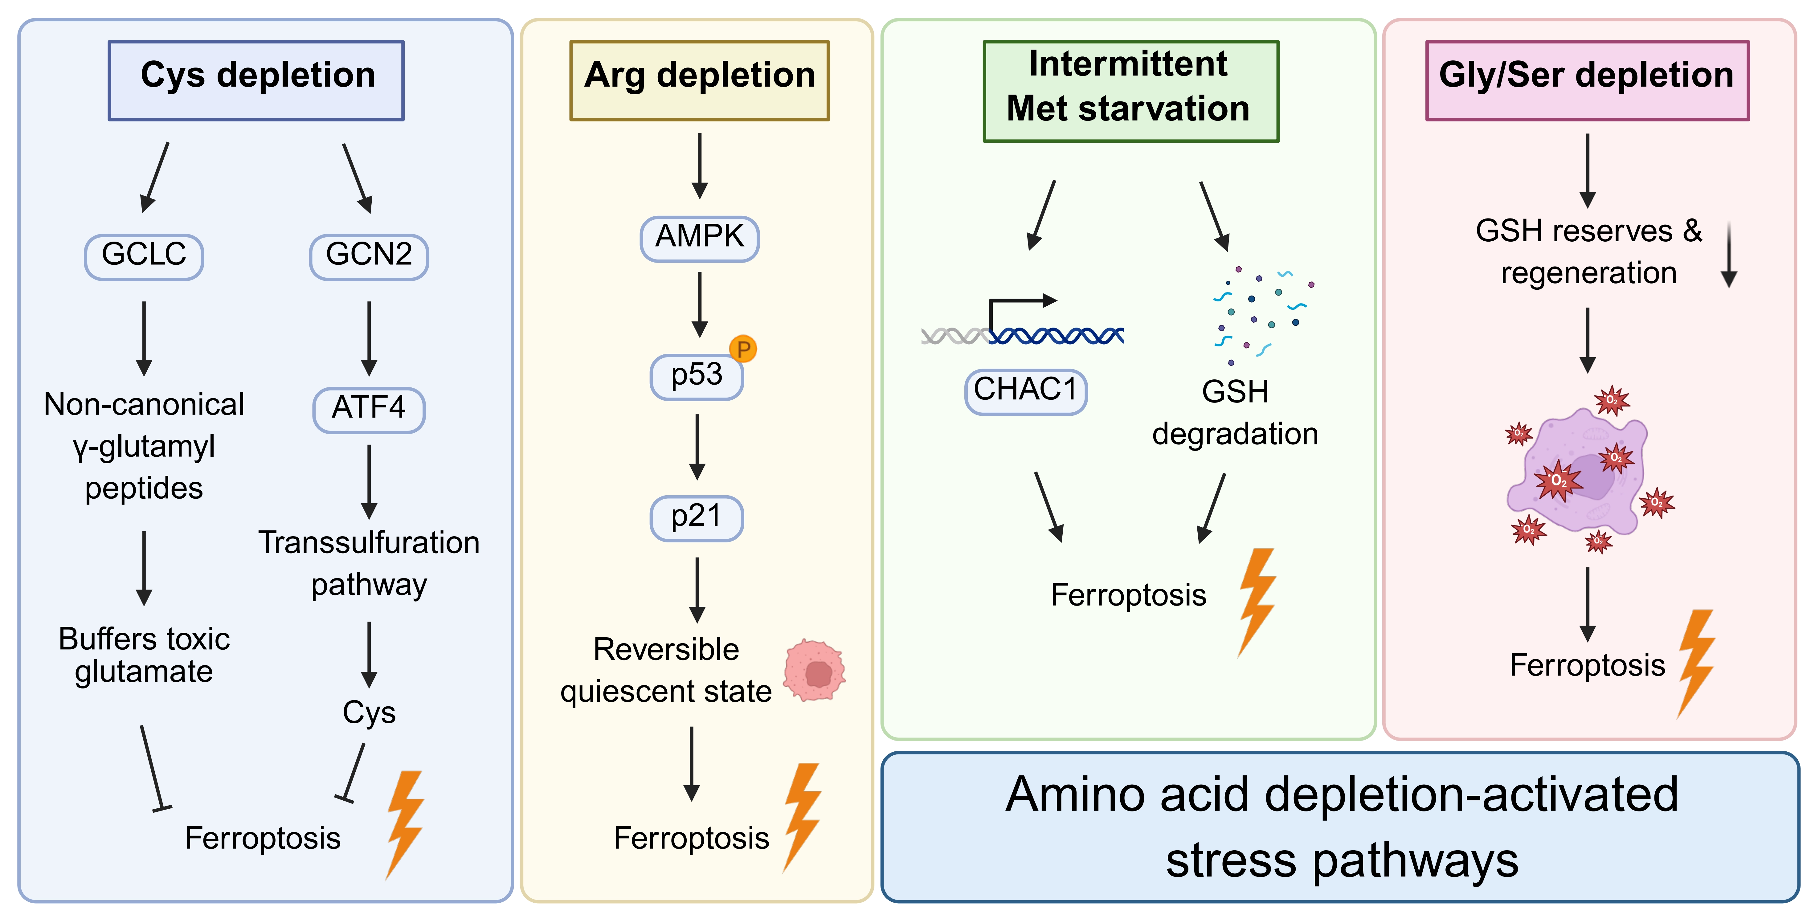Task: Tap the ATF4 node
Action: (369, 409)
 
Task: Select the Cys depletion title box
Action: (256, 80)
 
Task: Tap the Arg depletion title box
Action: (699, 80)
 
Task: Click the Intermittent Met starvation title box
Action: (1130, 90)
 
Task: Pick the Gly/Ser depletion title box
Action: (1587, 80)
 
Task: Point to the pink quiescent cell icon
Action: (815, 671)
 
